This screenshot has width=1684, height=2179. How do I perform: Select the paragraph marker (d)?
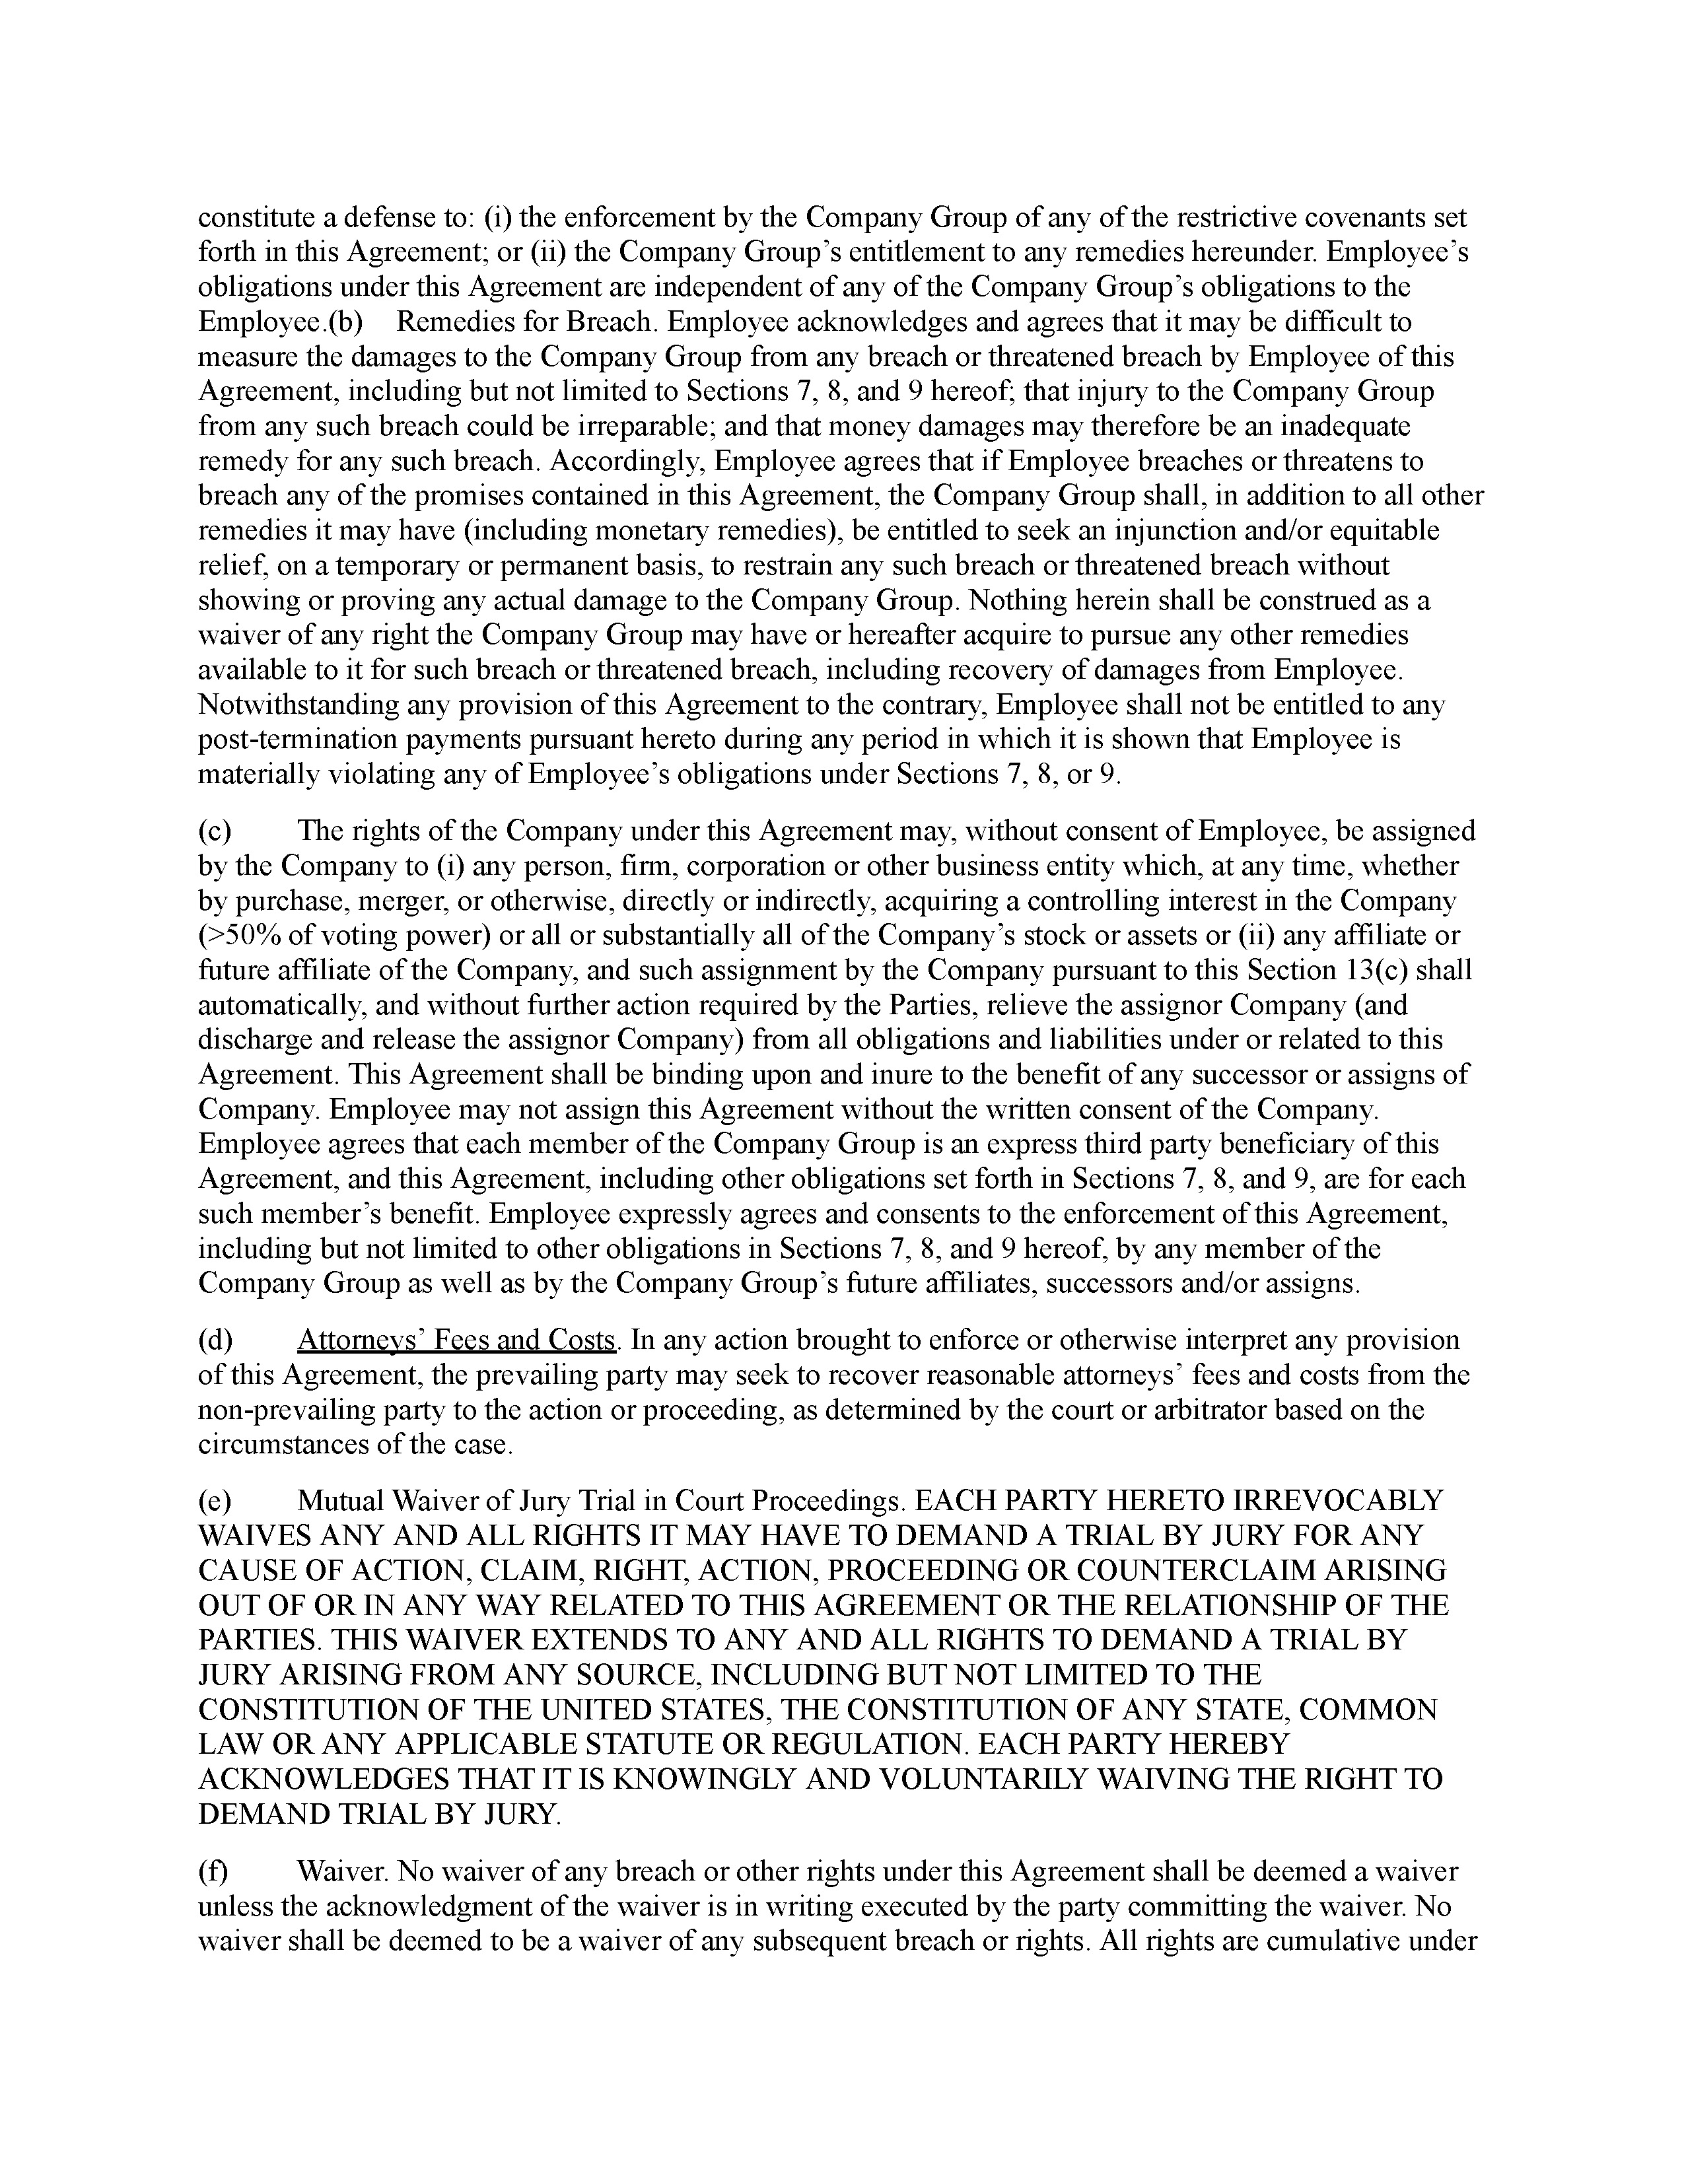[x=215, y=1340]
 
